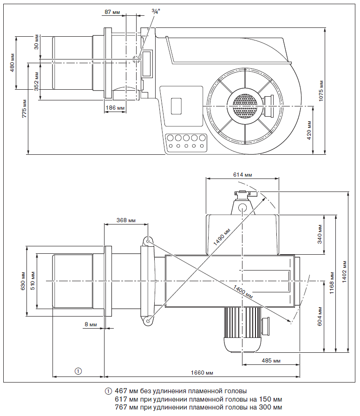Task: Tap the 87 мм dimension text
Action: [x=112, y=11]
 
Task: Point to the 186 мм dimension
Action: [x=115, y=108]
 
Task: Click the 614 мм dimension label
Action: [x=242, y=174]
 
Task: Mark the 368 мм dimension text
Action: [x=126, y=220]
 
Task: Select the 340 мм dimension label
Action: [x=320, y=235]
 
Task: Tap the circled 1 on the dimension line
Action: [x=79, y=370]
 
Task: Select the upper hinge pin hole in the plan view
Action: [x=147, y=241]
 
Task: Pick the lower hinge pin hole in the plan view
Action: [x=147, y=320]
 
